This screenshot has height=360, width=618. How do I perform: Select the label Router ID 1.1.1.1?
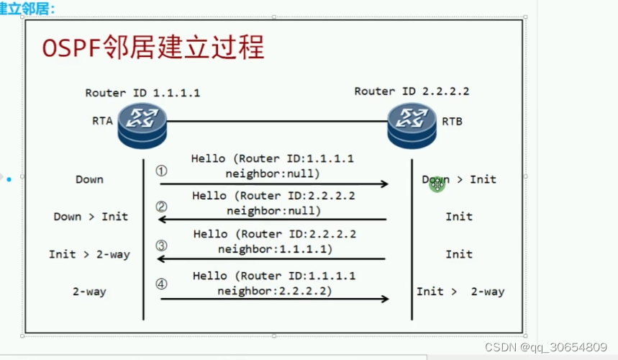(142, 93)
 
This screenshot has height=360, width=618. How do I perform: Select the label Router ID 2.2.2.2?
(412, 91)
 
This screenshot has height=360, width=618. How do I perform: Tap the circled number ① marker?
(161, 171)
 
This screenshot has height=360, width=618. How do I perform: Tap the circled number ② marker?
(161, 208)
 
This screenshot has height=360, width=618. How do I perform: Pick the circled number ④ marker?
(161, 284)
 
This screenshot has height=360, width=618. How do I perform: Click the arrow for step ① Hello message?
(273, 184)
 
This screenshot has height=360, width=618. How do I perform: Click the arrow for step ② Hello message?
(273, 220)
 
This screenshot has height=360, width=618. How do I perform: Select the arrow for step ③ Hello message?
(273, 259)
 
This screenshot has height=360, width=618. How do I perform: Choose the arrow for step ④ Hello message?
(273, 298)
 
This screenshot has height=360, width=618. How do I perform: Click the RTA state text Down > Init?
(91, 217)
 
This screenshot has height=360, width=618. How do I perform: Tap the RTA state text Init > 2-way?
(89, 255)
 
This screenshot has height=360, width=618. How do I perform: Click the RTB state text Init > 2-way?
(460, 292)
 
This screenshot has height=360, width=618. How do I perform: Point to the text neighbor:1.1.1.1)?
(273, 248)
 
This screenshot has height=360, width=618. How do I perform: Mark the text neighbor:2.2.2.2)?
(273, 292)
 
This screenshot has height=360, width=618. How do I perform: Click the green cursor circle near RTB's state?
(437, 184)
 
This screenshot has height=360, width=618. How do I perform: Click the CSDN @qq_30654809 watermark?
(547, 347)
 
